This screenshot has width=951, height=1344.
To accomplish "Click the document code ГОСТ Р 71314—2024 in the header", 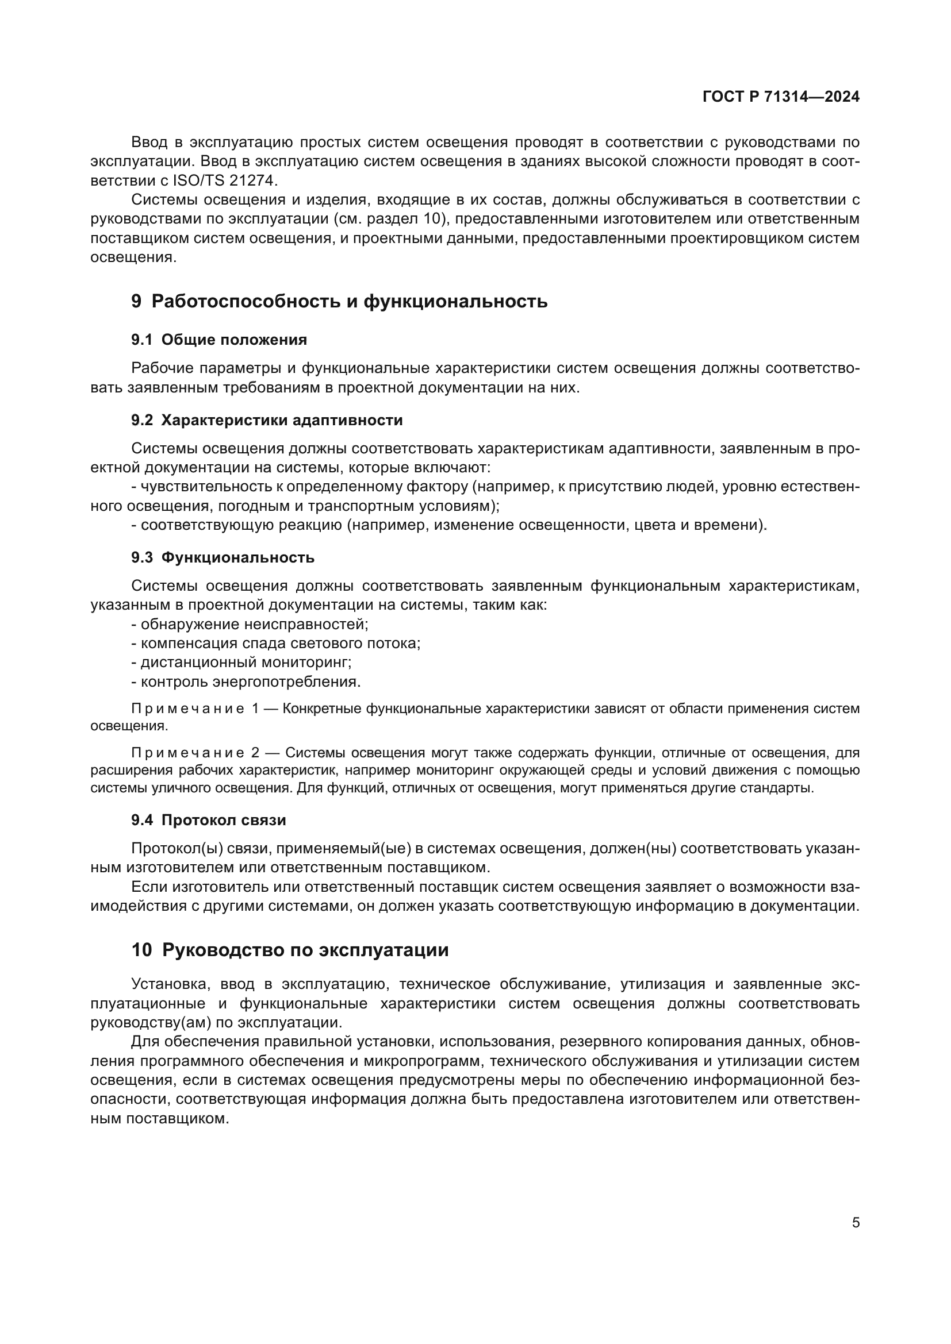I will pyautogui.click(x=781, y=97).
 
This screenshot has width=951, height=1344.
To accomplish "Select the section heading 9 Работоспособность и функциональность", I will pyautogui.click(x=339, y=302).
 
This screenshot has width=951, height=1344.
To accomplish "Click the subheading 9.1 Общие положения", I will pyautogui.click(x=219, y=340).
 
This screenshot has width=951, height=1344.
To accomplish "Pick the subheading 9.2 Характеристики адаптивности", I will pyautogui.click(x=267, y=420).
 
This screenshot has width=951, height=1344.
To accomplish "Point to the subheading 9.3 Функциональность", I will pyautogui.click(x=223, y=557).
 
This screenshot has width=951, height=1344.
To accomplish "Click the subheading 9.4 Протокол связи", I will pyautogui.click(x=209, y=820).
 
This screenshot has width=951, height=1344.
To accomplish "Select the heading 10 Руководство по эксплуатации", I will pyautogui.click(x=290, y=949).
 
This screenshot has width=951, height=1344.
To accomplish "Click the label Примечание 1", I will pyautogui.click(x=195, y=709).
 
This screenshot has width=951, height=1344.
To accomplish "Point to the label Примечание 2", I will pyautogui.click(x=195, y=753).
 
